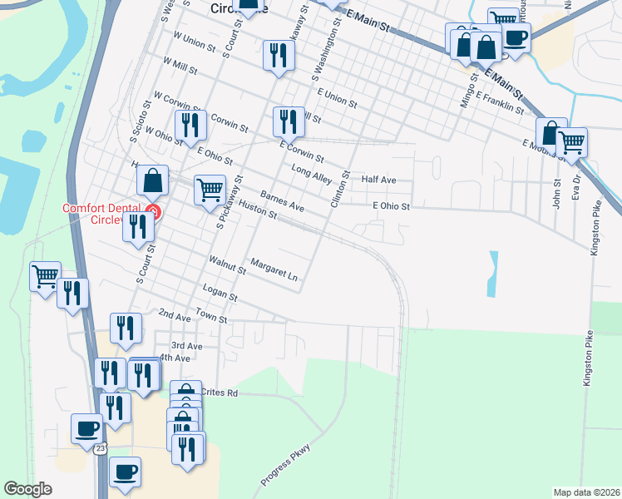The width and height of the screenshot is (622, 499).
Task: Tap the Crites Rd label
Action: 220,393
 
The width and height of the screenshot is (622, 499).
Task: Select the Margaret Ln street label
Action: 274,273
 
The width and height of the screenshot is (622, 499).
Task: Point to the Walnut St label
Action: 228,265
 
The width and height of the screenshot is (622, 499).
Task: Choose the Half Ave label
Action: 378,180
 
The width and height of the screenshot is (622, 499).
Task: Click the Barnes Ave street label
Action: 282,200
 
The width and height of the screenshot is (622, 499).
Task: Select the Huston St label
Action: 257,209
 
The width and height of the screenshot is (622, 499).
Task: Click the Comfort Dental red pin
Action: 153,212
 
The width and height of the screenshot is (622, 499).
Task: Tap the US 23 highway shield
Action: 100,448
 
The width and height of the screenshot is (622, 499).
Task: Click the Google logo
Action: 28,489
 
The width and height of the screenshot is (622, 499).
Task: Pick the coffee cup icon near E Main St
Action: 516,37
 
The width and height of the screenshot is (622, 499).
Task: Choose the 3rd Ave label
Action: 186,345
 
